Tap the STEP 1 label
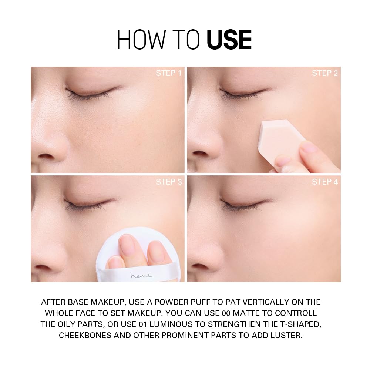pos(168,73)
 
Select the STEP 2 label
pos(324,73)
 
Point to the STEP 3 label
pos(168,182)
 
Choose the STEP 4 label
pos(324,182)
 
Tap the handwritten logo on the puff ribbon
pos(141,275)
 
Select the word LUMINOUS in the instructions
pos(178,324)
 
